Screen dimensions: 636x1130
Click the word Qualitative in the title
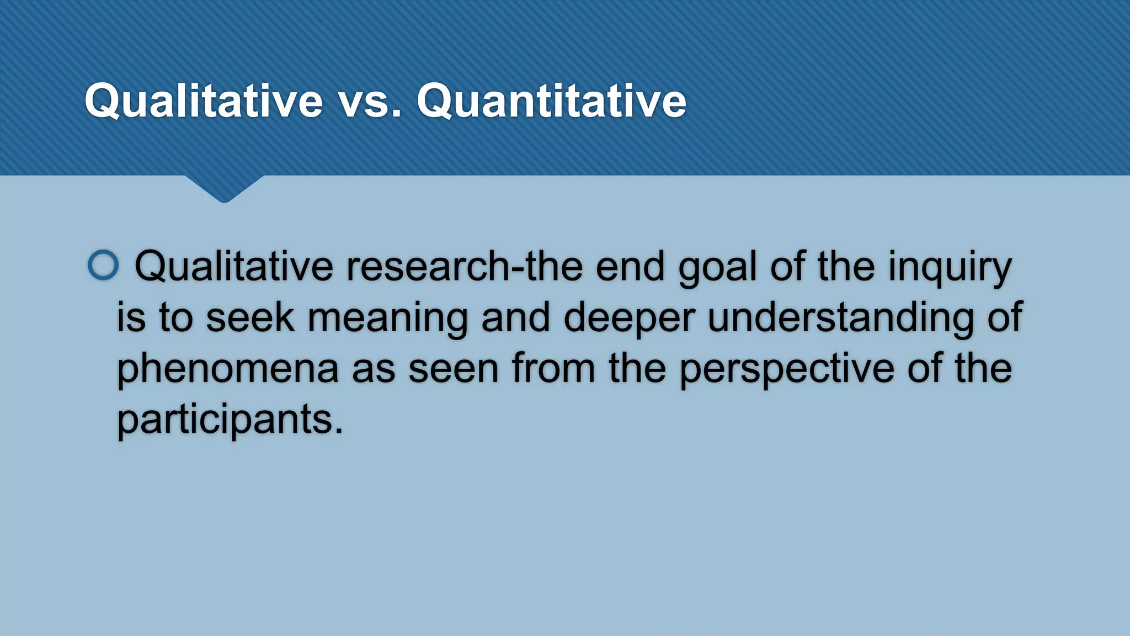pyautogui.click(x=203, y=100)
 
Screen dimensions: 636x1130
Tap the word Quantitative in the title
pyautogui.click(x=551, y=100)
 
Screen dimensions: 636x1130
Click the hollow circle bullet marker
pyautogui.click(x=103, y=266)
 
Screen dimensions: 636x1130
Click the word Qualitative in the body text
pyautogui.click(x=233, y=267)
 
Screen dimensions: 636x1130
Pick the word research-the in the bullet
pyautogui.click(x=464, y=267)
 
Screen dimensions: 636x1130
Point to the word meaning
pyautogui.click(x=387, y=319)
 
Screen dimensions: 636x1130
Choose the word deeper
pyautogui.click(x=628, y=319)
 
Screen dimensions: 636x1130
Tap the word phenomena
pyautogui.click(x=227, y=369)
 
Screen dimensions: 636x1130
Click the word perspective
pyautogui.click(x=786, y=369)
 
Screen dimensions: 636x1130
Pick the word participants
pyautogui.click(x=230, y=420)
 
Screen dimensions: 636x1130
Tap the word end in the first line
pyautogui.click(x=630, y=267)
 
